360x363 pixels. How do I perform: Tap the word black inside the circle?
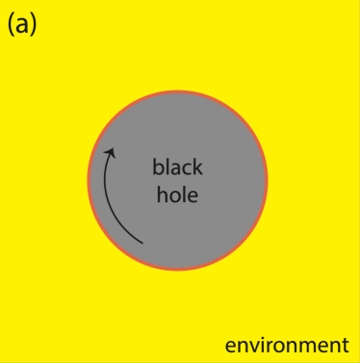click(x=178, y=168)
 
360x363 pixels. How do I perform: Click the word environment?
click(x=286, y=345)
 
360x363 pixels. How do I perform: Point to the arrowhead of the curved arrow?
click(x=111, y=151)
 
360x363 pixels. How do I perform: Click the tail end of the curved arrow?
click(x=142, y=242)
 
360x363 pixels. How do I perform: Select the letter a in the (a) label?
click(x=21, y=26)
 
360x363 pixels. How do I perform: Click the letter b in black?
click(x=158, y=168)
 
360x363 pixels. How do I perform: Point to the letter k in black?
click(x=198, y=168)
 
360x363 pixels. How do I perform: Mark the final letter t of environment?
click(x=344, y=345)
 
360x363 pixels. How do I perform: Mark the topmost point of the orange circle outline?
click(x=177, y=91)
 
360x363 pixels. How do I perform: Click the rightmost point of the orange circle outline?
click(x=267, y=180)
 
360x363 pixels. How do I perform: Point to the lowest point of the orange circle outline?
click(x=177, y=270)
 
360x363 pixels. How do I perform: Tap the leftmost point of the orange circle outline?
click(x=88, y=180)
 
